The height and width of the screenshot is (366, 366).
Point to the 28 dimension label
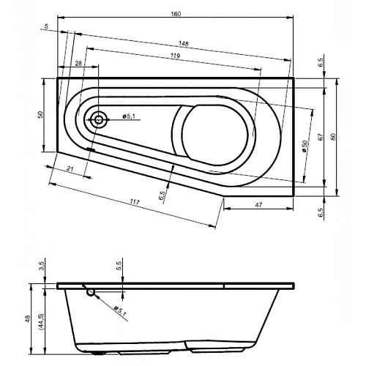coord(78,64)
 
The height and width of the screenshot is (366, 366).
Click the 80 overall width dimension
coord(333,138)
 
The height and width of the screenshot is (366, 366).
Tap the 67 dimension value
coord(321,138)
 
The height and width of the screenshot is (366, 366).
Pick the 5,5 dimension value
coord(119,267)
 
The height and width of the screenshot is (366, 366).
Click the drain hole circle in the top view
coord(97,118)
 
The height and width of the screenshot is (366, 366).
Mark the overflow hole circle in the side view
coord(91,293)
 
